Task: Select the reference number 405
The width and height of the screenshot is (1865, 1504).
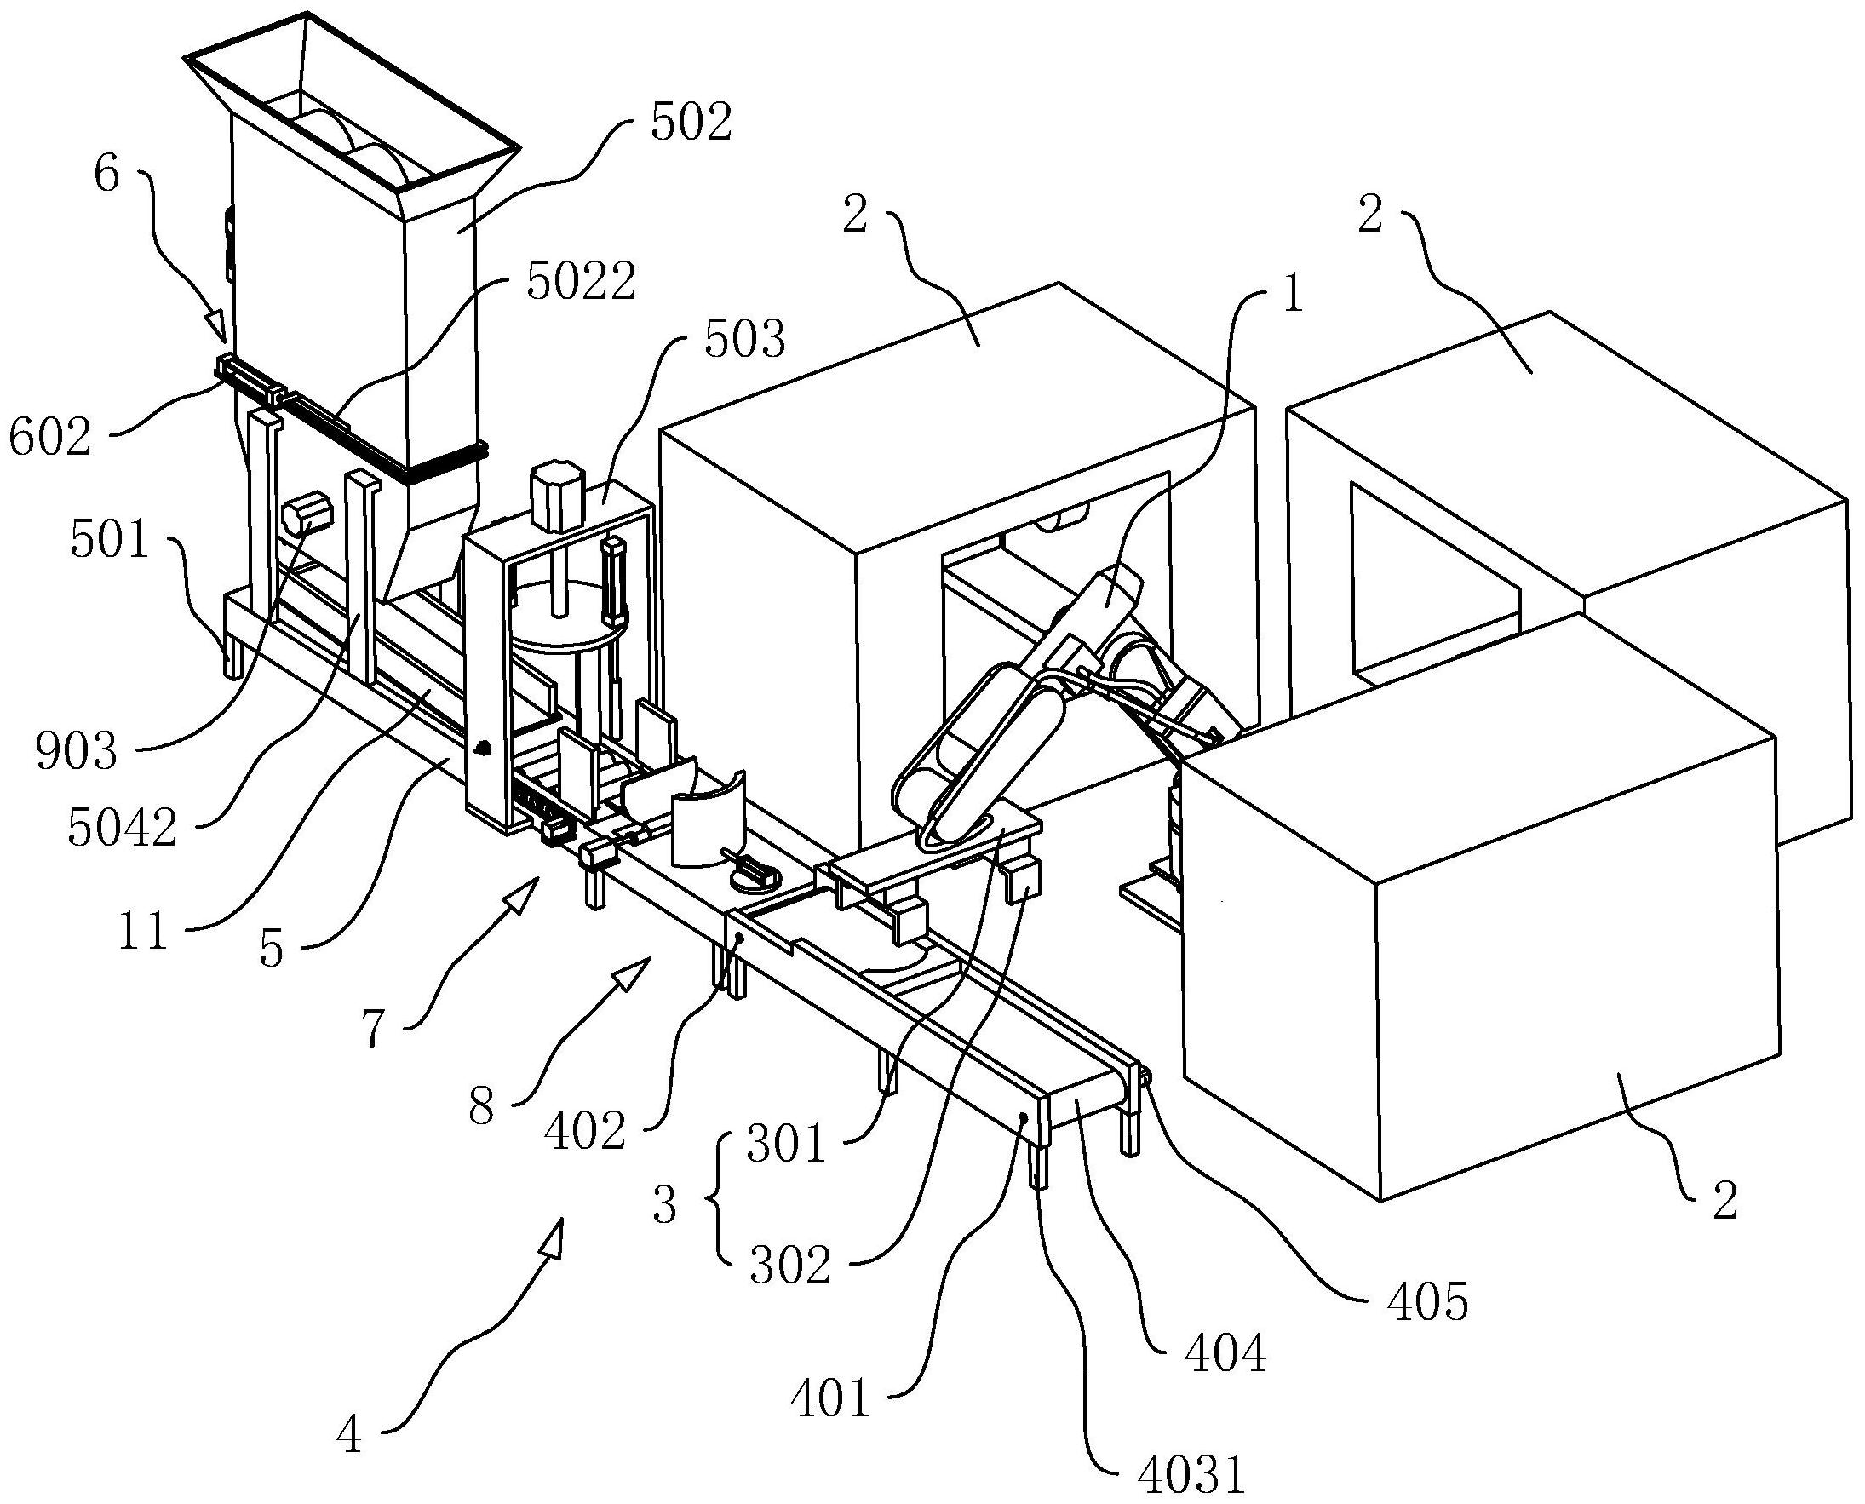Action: tap(1427, 1324)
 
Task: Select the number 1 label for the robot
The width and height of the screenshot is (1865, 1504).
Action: tap(1293, 297)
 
